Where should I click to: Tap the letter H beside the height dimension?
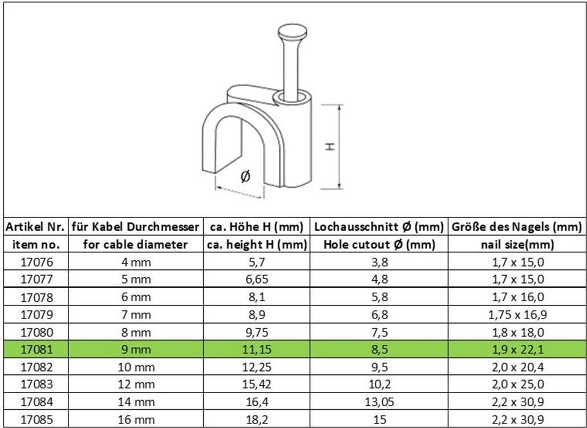pyautogui.click(x=330, y=146)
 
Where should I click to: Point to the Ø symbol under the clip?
pyautogui.click(x=245, y=176)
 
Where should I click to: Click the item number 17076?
pyautogui.click(x=37, y=262)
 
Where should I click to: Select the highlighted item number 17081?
pyautogui.click(x=37, y=349)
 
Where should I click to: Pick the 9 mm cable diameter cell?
pyautogui.click(x=136, y=349)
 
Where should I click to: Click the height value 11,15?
pyautogui.click(x=257, y=349)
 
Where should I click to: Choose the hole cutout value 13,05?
pyautogui.click(x=379, y=402)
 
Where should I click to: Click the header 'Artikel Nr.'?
pyautogui.click(x=35, y=227)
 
